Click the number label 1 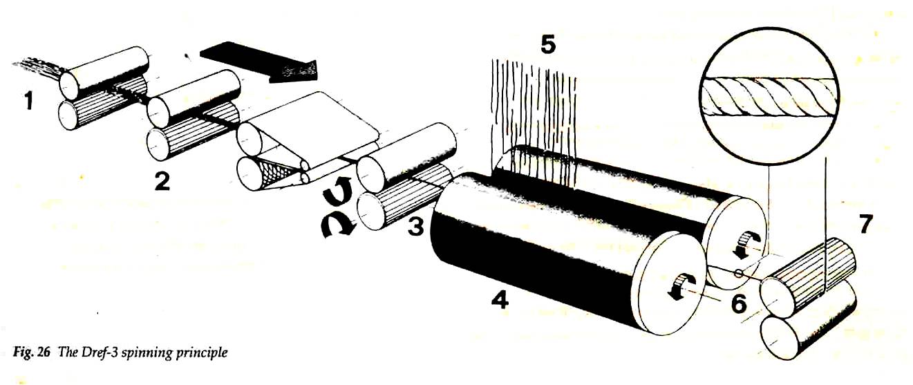click(28, 101)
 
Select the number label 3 click(416, 227)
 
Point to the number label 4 click(500, 301)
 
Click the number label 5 click(548, 45)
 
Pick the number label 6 click(739, 304)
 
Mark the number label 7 click(864, 224)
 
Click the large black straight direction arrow click(258, 62)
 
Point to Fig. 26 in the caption click(31, 352)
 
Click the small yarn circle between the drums click(737, 273)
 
